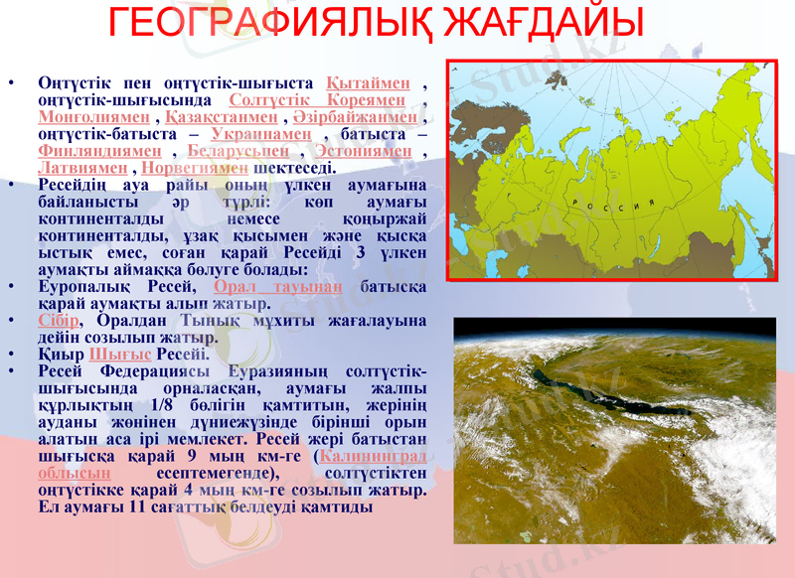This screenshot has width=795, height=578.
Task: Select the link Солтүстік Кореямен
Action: [317, 100]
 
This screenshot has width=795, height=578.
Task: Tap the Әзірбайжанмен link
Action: [356, 117]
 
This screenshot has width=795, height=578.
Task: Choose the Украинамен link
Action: [262, 134]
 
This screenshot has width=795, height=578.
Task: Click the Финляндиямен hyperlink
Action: [99, 151]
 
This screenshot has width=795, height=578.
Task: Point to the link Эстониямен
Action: [362, 151]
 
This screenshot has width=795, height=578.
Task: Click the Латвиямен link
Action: [85, 168]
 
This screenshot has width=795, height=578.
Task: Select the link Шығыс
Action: [120, 354]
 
